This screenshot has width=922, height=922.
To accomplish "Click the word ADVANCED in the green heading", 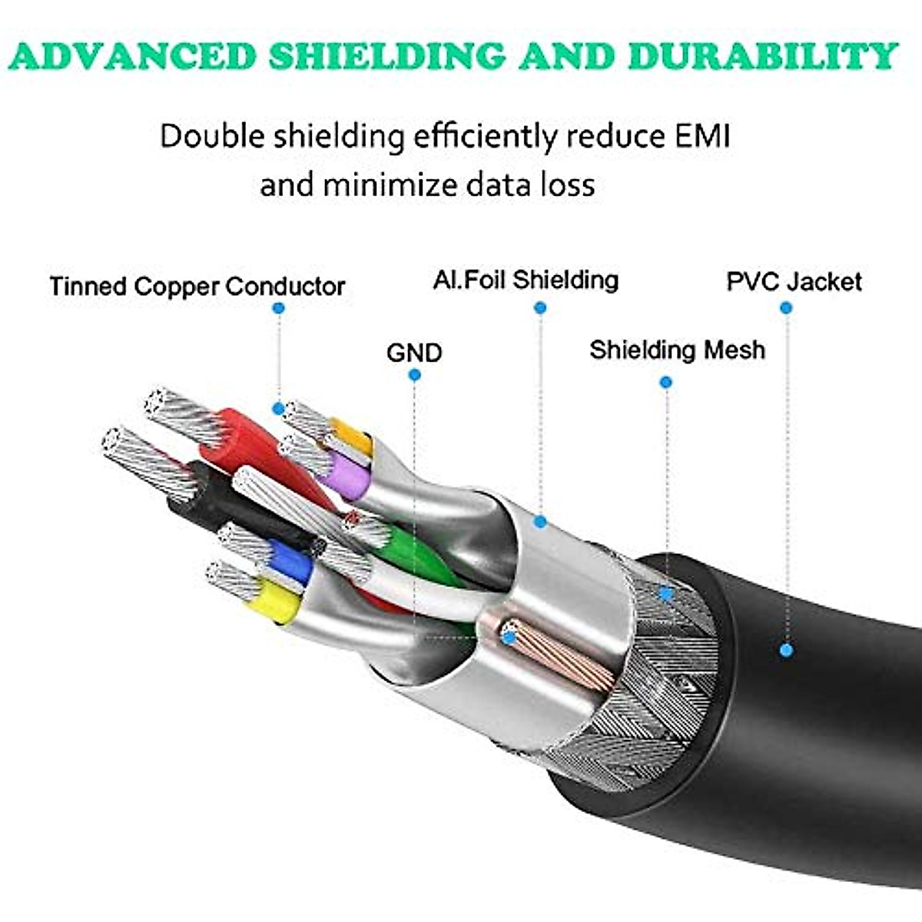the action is click(x=134, y=56).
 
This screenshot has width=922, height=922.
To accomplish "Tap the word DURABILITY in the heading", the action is click(x=763, y=56).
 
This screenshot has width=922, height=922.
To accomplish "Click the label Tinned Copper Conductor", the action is click(x=197, y=287).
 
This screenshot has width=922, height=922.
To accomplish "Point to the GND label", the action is click(x=414, y=353).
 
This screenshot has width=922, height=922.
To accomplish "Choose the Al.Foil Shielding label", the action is click(x=526, y=280).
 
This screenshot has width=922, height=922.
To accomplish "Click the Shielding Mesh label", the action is click(x=677, y=350).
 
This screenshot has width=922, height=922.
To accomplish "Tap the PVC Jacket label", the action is click(x=794, y=282).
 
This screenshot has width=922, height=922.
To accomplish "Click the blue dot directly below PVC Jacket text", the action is click(x=786, y=308).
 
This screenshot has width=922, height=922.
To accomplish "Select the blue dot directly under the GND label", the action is click(x=415, y=375).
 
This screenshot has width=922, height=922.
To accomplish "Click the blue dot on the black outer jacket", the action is click(x=786, y=650).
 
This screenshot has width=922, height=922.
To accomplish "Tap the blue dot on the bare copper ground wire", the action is click(x=509, y=637).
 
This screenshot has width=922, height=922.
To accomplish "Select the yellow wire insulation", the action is click(x=274, y=602).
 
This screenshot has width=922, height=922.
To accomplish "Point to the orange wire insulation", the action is click(x=352, y=436).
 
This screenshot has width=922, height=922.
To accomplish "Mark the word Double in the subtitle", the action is click(x=212, y=136).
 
